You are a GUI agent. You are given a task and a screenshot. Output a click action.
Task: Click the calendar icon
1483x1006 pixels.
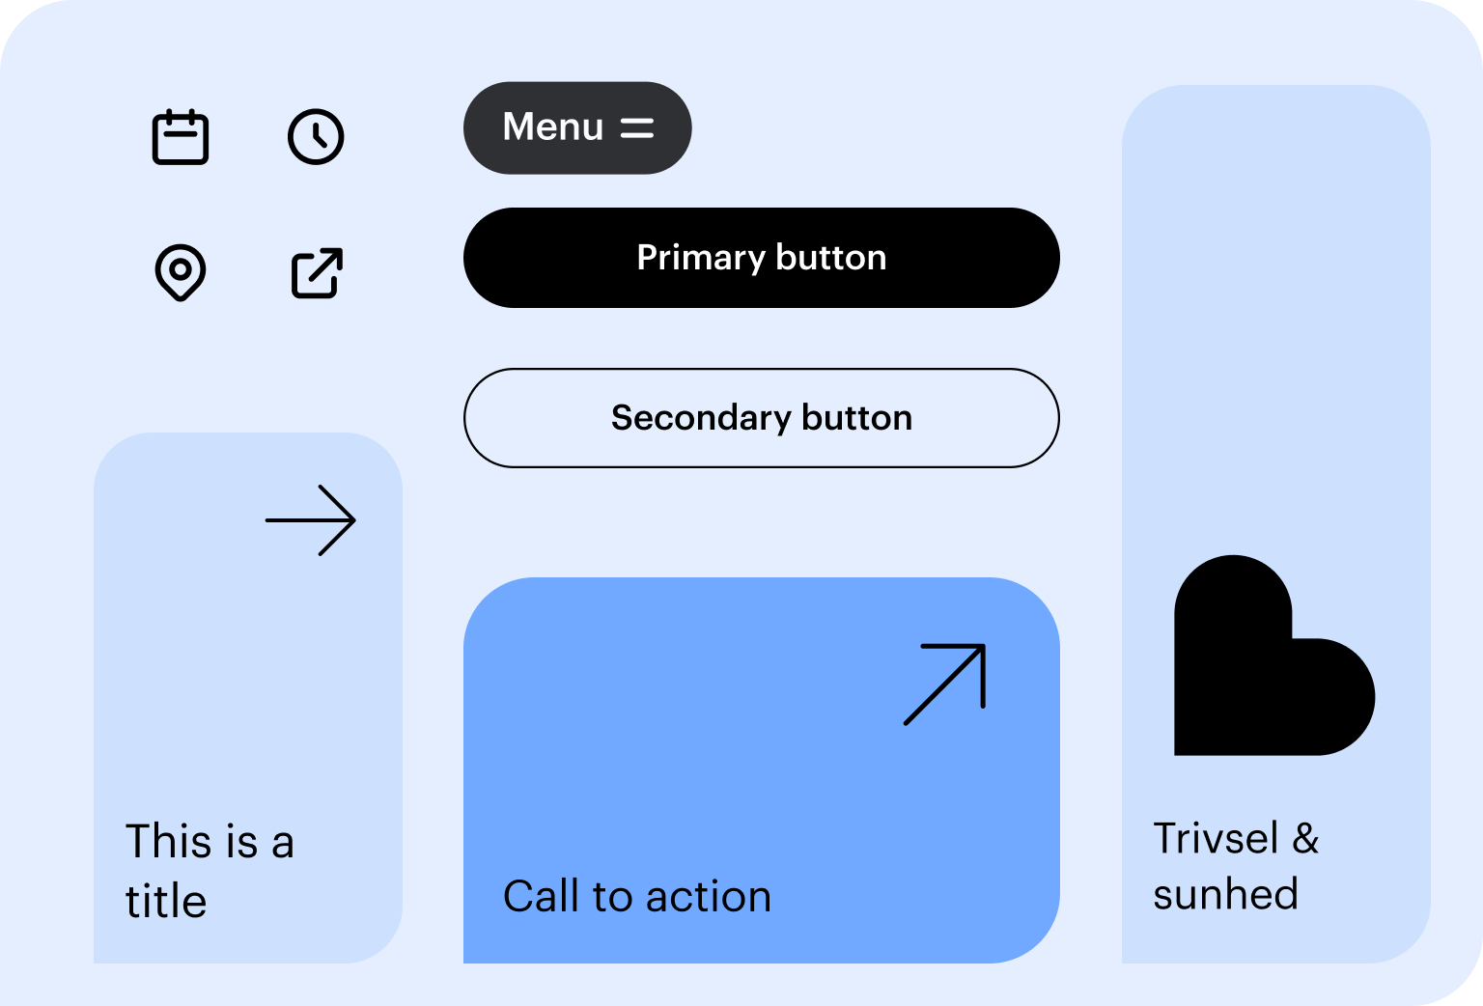[x=181, y=136]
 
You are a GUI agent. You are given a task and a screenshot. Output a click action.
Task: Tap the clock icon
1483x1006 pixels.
[x=316, y=136]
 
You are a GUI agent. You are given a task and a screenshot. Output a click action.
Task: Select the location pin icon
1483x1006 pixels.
[x=181, y=272]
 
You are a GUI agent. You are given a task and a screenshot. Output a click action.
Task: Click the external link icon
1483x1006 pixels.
[x=317, y=272]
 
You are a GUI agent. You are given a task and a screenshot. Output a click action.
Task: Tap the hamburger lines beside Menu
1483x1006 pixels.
[x=637, y=127]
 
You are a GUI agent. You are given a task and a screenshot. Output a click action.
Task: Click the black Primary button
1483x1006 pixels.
[x=762, y=258]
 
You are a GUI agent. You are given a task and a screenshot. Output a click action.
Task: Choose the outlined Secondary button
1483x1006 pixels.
[x=762, y=418]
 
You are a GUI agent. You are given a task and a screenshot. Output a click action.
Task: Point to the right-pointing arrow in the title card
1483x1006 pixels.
[x=311, y=520]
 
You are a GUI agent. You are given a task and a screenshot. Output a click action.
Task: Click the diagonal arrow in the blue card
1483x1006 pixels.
[x=945, y=685]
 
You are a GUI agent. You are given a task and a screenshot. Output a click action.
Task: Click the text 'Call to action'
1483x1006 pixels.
[x=637, y=897]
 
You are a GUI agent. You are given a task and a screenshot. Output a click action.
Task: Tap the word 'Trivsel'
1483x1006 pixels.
[x=1216, y=838]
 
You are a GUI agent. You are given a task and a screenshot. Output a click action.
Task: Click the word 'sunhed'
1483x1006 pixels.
[x=1225, y=894]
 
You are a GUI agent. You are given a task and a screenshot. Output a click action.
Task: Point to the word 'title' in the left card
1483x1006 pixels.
[x=166, y=901]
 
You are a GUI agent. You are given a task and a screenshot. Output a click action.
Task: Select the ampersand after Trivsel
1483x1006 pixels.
[x=1306, y=838]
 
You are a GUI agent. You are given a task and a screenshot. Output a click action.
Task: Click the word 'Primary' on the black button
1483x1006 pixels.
[x=701, y=258]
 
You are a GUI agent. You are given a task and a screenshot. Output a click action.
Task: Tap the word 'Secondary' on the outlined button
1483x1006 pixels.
[x=701, y=418]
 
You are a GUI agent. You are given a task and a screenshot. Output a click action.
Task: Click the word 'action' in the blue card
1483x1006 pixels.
[x=709, y=898]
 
